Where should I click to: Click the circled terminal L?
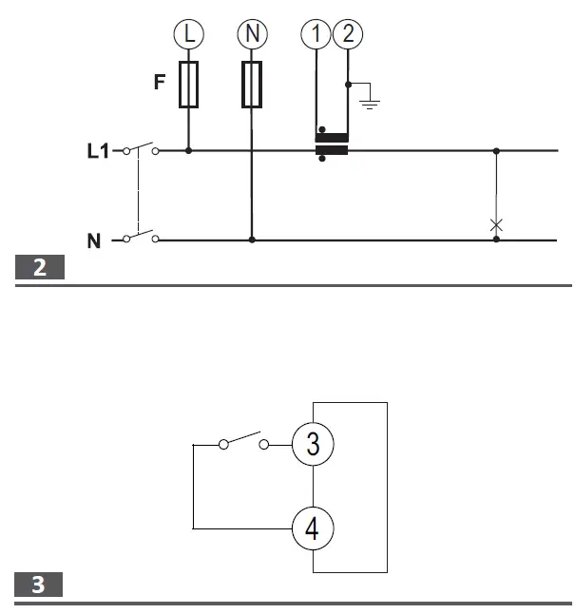pos(189,35)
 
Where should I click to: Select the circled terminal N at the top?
pos(252,35)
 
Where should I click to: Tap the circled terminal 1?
pos(316,35)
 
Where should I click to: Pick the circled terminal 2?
pos(348,35)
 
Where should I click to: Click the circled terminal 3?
pos(313,444)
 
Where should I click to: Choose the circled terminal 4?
pos(313,528)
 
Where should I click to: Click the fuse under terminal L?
pos(189,86)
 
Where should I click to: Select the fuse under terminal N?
pos(252,86)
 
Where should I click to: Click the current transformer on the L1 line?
pos(332,149)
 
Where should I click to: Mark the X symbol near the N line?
pos(495,225)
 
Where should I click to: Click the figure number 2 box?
pos(40,268)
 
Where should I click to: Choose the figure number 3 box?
pos(40,585)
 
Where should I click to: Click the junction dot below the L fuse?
pos(189,150)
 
